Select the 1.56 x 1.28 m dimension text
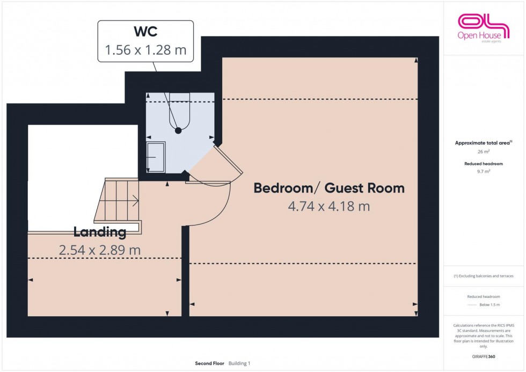click(145, 50)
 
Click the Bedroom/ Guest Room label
click(328, 188)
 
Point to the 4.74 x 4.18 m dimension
click(328, 206)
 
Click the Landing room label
click(100, 232)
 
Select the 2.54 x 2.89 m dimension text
click(100, 250)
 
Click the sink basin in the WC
click(156, 157)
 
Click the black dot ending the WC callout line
click(178, 130)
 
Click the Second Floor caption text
click(210, 363)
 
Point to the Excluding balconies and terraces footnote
click(484, 276)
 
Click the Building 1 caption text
click(239, 363)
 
